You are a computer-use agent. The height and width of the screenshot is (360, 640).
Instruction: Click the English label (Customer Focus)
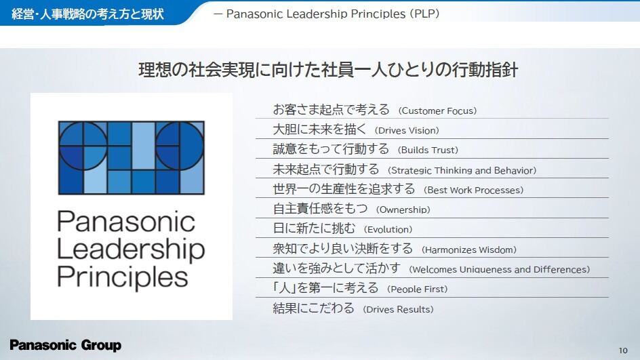click(437, 111)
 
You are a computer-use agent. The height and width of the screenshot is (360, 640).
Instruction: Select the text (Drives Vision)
click(407, 131)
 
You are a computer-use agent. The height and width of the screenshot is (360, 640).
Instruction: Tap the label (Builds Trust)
click(428, 151)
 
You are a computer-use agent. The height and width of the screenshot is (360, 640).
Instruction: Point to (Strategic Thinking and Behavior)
click(462, 170)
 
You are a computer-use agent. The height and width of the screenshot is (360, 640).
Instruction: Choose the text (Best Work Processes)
click(473, 191)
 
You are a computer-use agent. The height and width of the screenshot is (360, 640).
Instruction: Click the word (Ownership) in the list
click(403, 209)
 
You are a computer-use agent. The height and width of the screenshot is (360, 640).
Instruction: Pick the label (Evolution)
click(388, 229)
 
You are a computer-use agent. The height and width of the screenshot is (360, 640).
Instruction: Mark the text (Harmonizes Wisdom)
click(469, 249)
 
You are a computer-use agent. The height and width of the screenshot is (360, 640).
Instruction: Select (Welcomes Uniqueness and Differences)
click(499, 269)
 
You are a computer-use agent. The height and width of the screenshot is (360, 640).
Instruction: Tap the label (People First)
click(417, 289)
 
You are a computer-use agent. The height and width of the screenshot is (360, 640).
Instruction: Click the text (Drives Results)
click(398, 309)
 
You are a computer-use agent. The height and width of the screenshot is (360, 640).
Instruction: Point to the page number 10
click(623, 351)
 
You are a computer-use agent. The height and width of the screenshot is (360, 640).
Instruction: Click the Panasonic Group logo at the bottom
click(65, 345)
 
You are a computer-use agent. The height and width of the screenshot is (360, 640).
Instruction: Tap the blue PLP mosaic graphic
click(131, 157)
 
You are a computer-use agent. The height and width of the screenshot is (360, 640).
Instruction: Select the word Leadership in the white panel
click(131, 249)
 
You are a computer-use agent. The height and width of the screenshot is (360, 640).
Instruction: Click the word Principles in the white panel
click(123, 277)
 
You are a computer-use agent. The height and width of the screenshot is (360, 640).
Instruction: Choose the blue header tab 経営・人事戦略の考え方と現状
click(87, 14)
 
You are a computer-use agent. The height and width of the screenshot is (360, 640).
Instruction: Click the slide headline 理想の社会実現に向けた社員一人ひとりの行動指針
click(328, 70)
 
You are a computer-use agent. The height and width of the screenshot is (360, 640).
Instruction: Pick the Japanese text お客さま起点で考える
click(332, 109)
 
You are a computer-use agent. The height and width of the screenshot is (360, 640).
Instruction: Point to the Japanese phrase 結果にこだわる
click(313, 308)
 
